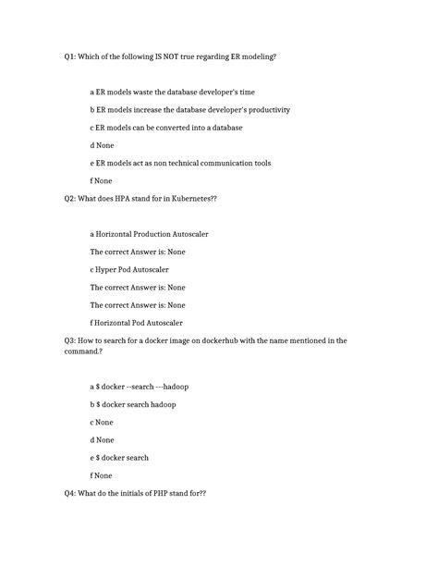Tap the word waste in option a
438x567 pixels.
145,92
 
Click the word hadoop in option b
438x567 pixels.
161,404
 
